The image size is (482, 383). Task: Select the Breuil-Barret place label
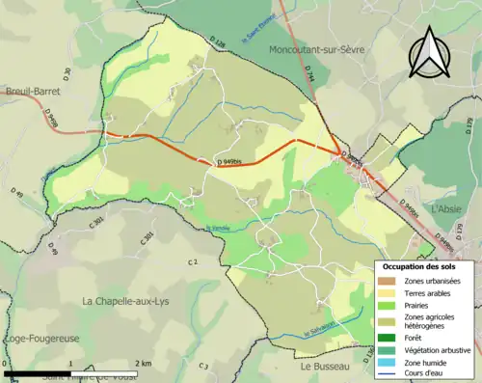click(31, 91)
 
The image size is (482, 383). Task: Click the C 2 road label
click(192, 261)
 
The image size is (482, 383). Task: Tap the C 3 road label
click(203, 366)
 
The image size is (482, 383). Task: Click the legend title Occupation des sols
click(418, 266)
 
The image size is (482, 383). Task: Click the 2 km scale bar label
click(142, 363)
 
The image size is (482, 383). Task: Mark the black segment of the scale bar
click(39, 370)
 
